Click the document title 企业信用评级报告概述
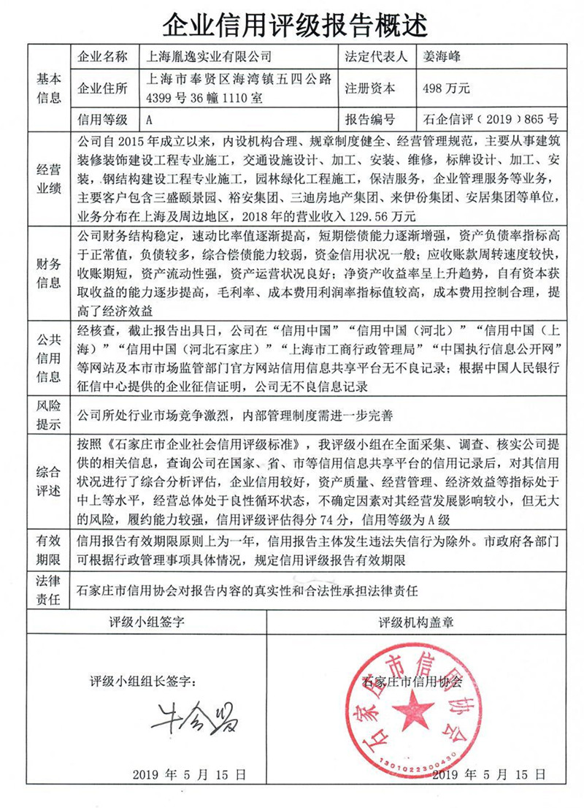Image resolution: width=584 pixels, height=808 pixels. point(293,25)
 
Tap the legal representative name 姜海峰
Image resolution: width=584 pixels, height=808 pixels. point(444,56)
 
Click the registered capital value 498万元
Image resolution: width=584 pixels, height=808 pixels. point(446,88)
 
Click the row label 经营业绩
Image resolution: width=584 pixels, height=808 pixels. point(50,178)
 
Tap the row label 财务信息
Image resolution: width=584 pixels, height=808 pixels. point(50,272)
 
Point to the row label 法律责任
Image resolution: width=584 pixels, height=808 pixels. point(50,589)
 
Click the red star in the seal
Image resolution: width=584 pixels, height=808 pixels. point(417,707)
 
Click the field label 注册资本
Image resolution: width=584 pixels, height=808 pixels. point(371,88)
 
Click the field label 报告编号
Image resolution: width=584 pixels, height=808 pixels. point(371,119)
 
